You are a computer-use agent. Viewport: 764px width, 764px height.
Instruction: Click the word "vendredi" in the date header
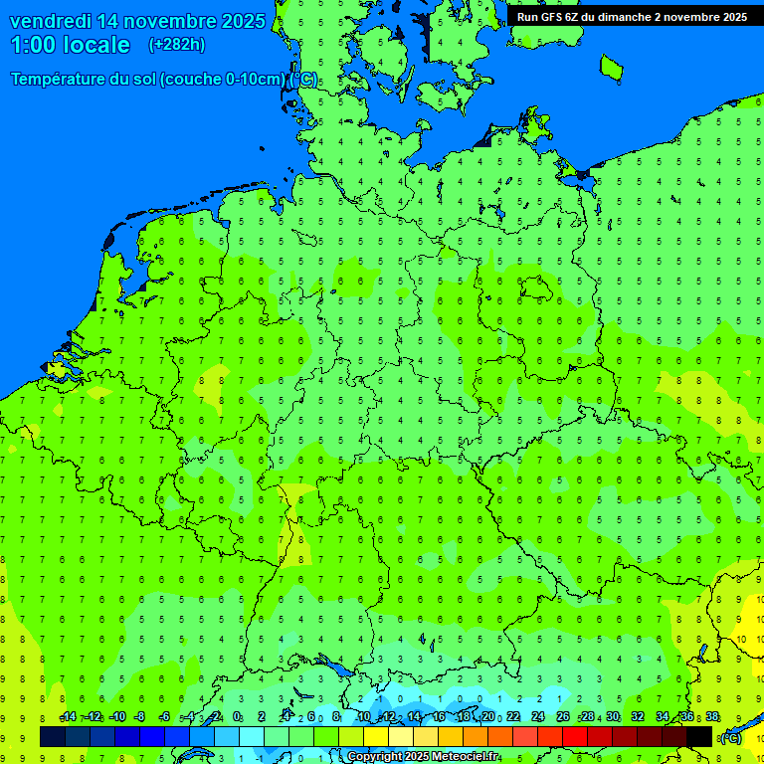pyautogui.click(x=50, y=21)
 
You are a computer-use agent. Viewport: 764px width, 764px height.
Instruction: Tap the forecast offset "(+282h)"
pyautogui.click(x=176, y=45)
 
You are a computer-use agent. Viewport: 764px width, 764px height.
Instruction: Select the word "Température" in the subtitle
pyautogui.click(x=60, y=80)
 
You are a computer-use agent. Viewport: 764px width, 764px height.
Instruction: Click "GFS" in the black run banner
pyautogui.click(x=555, y=17)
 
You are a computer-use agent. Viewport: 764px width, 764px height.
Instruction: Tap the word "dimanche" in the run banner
pyautogui.click(x=624, y=17)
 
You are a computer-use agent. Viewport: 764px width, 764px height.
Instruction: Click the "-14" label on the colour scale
pyautogui.click(x=68, y=717)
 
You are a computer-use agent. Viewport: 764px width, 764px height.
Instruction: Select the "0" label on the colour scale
pyautogui.click(x=237, y=717)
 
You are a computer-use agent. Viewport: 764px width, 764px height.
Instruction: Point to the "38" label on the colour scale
pyautogui.click(x=712, y=717)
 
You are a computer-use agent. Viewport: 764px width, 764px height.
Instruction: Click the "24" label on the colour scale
pyautogui.click(x=538, y=717)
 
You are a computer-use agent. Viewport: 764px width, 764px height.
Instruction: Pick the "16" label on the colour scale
pyautogui.click(x=439, y=717)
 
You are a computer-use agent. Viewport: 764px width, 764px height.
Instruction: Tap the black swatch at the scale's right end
pyautogui.click(x=699, y=736)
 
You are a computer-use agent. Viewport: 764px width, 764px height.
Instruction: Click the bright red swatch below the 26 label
pyautogui.click(x=575, y=736)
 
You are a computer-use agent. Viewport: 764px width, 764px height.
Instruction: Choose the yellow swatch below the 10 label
pyautogui.click(x=376, y=736)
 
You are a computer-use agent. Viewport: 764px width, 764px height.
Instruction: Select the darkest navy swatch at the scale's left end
pyautogui.click(x=53, y=736)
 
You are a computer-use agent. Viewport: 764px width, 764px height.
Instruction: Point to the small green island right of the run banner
pyautogui.click(x=611, y=67)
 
